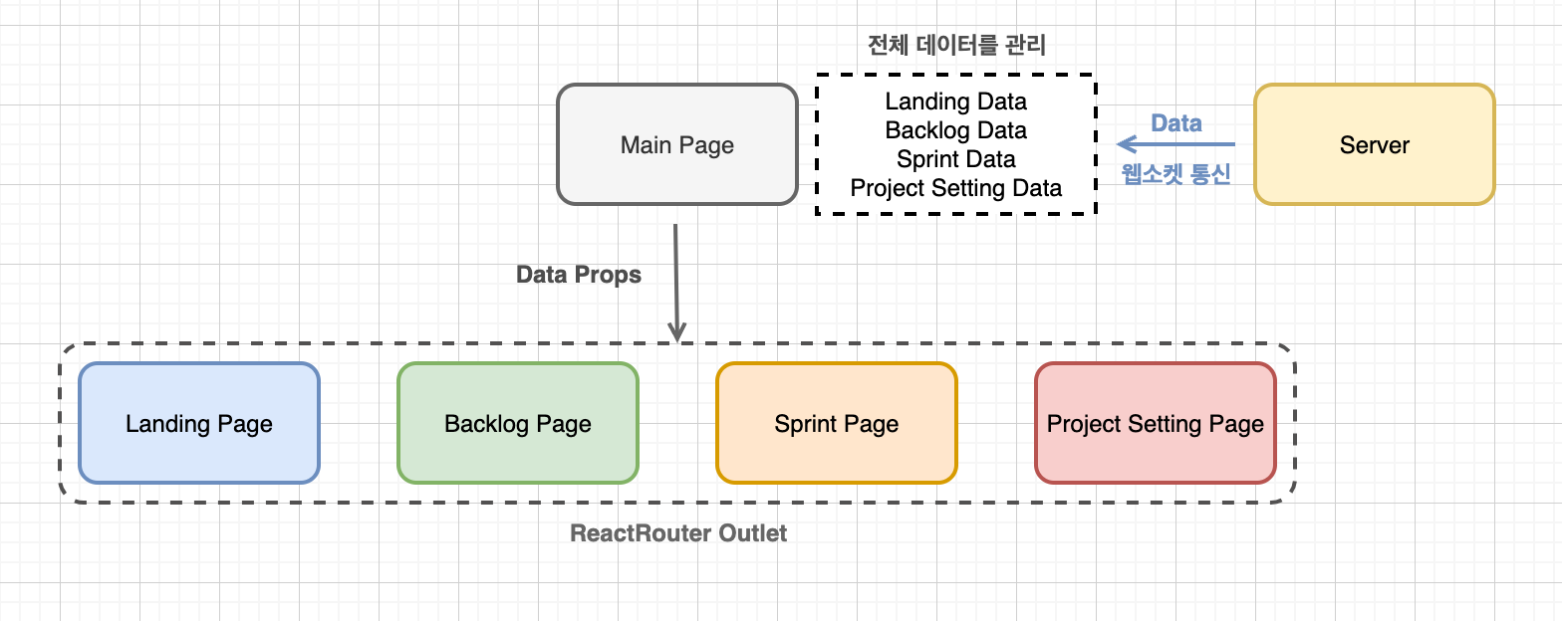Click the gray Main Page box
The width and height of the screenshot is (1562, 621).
coord(676,145)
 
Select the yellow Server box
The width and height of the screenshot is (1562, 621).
coord(1374,145)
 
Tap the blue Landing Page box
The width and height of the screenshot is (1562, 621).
coord(199,424)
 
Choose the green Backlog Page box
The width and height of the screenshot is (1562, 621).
coord(517,424)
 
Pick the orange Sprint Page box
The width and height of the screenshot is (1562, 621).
coord(836,424)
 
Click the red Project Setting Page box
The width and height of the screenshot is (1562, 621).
coord(1155,424)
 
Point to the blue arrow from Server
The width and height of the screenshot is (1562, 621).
coord(1175,144)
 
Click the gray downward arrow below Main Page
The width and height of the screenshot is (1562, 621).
coord(676,279)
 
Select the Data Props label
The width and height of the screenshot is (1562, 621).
coord(579,275)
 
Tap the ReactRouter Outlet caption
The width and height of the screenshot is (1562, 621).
coord(678,533)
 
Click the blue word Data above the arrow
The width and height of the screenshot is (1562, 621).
coord(1176,123)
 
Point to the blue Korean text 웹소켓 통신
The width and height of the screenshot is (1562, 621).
coord(1176,174)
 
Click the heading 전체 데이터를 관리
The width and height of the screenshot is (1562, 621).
coord(956,46)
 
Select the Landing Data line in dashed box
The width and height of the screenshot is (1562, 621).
coord(955,102)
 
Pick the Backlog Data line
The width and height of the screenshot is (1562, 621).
coord(955,130)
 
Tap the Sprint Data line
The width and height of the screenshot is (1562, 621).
coord(955,159)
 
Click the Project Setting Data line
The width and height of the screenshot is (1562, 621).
coord(955,188)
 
